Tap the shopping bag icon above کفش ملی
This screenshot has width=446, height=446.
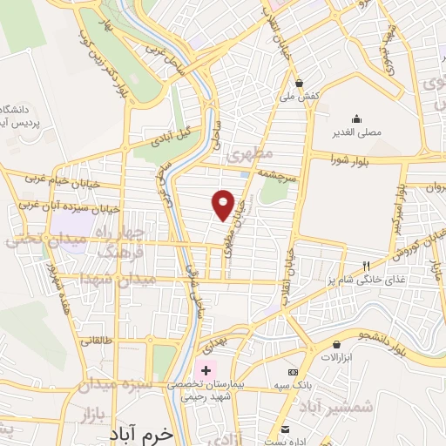[299, 85]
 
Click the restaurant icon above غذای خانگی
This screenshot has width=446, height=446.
[367, 266]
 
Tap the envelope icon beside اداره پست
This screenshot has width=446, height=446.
[286, 429]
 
